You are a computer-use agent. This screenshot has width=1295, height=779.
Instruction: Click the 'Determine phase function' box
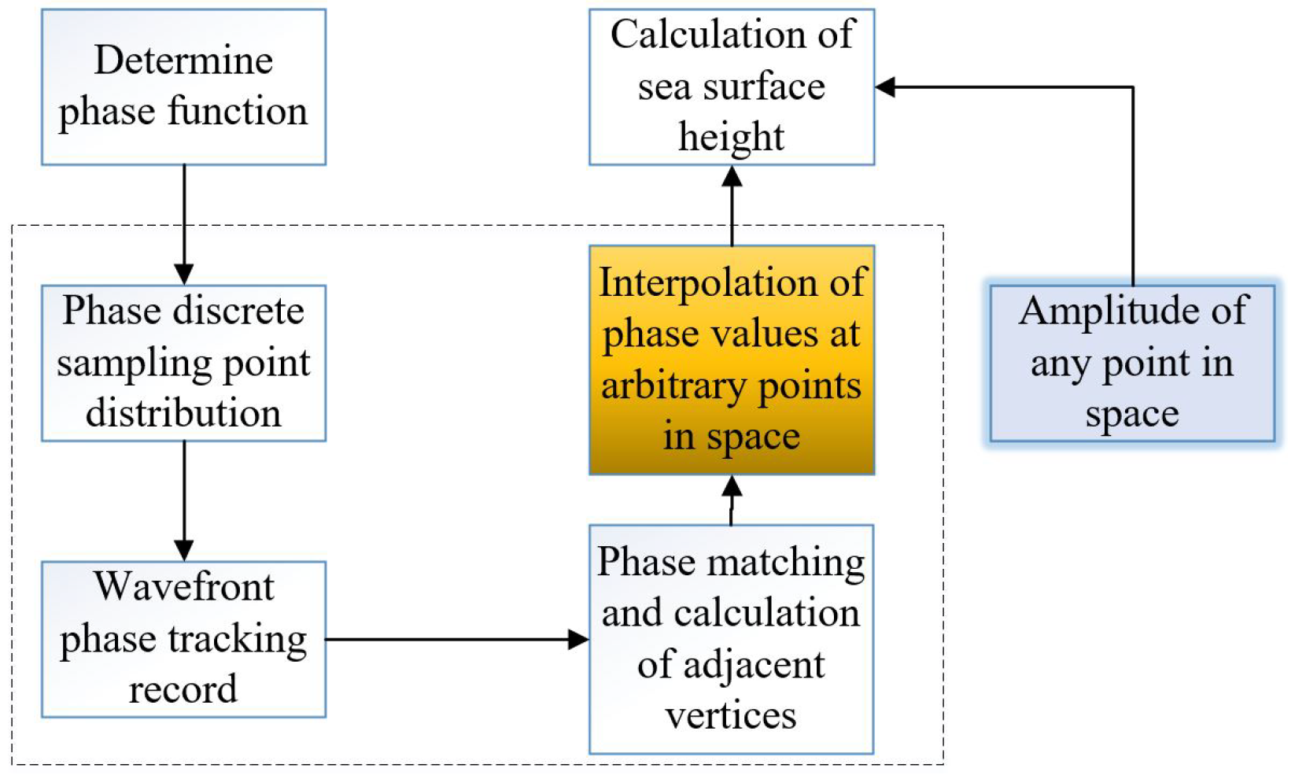[x=183, y=87]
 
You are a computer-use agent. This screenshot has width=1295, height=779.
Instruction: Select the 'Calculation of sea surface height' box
[x=732, y=87]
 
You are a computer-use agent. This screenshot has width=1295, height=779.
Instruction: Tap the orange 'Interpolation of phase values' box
[x=732, y=360]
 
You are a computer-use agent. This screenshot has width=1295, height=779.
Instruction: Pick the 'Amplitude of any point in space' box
[x=1131, y=363]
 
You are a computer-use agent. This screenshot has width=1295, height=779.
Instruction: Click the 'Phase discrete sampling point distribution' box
[x=183, y=363]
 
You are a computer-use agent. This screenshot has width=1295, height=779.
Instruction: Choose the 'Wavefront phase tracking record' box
[x=183, y=639]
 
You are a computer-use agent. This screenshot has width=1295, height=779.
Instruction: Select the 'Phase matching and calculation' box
[x=732, y=639]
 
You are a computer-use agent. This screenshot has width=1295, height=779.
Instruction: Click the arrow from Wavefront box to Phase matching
[x=456, y=639]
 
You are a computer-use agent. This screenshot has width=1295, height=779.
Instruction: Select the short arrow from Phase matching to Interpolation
[x=732, y=500]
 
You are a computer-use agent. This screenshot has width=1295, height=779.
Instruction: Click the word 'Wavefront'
[x=184, y=587]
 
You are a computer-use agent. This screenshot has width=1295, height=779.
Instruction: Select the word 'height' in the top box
[x=732, y=137]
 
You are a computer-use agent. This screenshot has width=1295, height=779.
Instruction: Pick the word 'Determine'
[x=183, y=61]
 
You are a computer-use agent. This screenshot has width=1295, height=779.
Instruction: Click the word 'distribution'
[x=183, y=413]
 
